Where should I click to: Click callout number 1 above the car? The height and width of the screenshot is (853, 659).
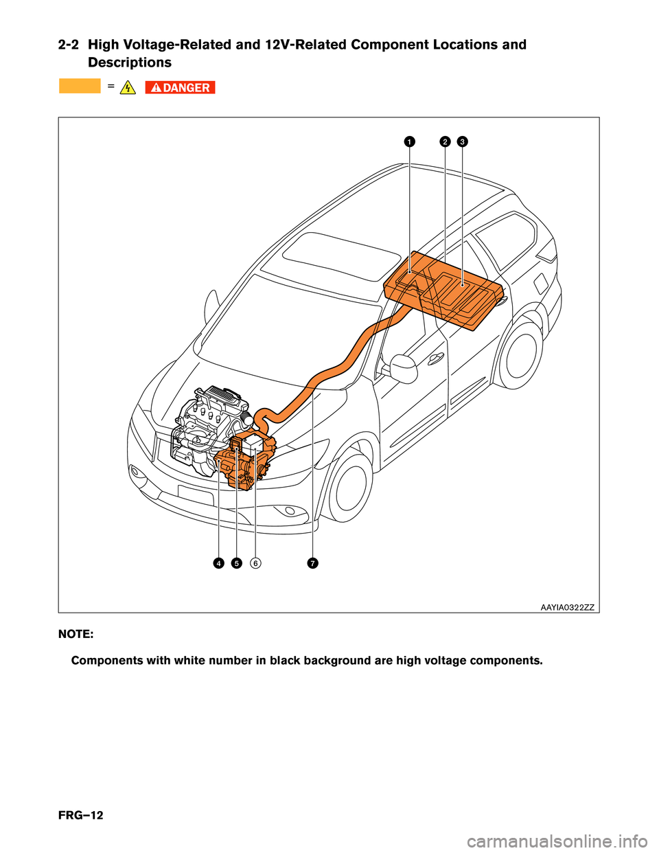tap(408, 141)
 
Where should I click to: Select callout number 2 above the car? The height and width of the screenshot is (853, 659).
tap(445, 141)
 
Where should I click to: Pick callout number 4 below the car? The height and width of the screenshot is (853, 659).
tap(218, 563)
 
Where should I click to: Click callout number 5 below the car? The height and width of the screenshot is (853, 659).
tap(236, 563)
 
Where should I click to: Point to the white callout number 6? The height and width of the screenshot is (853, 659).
tap(255, 563)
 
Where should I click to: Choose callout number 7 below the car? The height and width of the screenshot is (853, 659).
tap(312, 563)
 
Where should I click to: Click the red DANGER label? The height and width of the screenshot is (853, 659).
tap(181, 87)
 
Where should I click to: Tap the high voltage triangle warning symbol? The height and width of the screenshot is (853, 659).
tap(127, 87)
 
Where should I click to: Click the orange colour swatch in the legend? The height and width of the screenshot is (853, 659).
tap(80, 87)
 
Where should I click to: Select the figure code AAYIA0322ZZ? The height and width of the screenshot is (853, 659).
tap(567, 607)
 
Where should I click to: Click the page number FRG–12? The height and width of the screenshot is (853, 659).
tap(81, 815)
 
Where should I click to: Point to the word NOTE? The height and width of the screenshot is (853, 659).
tap(76, 634)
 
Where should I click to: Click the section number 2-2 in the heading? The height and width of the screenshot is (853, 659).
tap(68, 45)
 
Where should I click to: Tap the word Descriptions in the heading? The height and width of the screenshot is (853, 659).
tap(130, 62)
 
